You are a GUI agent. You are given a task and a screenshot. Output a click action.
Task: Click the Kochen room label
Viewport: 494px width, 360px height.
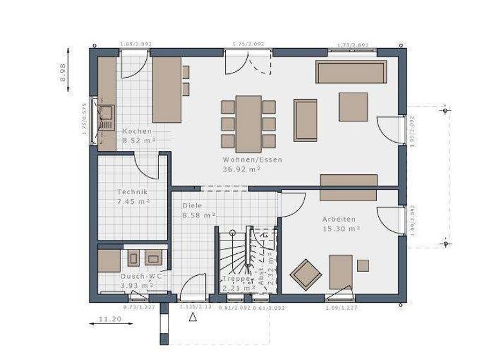[137, 131]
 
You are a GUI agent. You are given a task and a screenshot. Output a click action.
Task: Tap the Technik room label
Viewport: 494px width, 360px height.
[133, 192]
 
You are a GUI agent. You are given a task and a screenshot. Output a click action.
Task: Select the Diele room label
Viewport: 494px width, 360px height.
[192, 206]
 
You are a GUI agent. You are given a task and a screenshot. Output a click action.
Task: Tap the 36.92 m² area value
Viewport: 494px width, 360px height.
[241, 169]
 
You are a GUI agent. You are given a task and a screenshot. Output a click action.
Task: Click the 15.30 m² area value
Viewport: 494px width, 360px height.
[340, 228]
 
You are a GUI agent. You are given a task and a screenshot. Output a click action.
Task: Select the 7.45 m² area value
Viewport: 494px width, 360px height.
[133, 201]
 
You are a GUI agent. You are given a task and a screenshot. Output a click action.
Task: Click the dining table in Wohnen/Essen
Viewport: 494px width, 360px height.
[248, 123]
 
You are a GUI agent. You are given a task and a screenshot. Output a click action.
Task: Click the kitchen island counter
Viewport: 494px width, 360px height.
[166, 89]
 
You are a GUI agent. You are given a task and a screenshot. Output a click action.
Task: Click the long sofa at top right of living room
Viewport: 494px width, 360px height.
[351, 72]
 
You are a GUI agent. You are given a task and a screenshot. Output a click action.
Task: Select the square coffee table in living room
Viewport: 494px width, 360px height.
[353, 106]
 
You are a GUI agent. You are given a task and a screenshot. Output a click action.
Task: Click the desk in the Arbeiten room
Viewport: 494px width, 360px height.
[340, 271]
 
